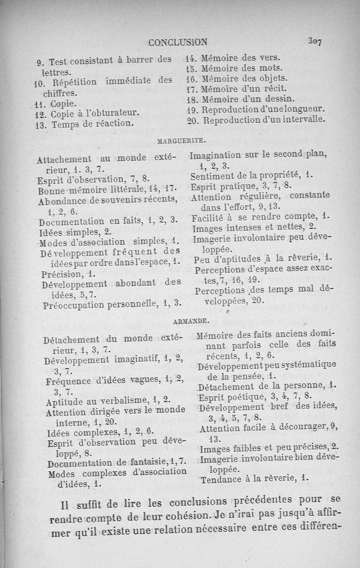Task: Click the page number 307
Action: pyautogui.click(x=314, y=41)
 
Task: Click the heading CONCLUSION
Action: pyautogui.click(x=178, y=43)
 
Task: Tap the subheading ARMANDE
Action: pyautogui.click(x=189, y=321)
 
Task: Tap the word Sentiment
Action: pyautogui.click(x=212, y=175)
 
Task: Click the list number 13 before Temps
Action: pyautogui.click(x=41, y=125)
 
